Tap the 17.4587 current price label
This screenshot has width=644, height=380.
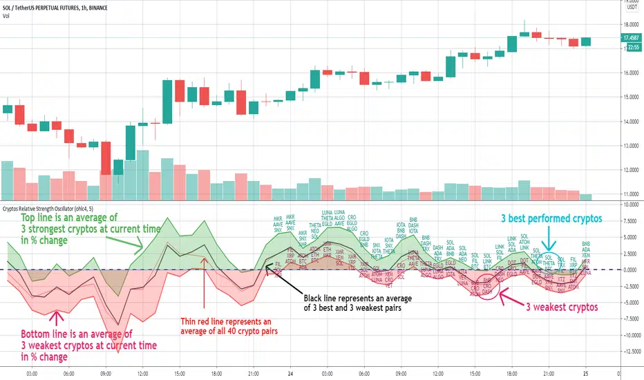click(x=630, y=38)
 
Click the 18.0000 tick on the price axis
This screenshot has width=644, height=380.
click(x=630, y=24)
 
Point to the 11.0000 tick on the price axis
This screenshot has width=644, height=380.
click(x=630, y=194)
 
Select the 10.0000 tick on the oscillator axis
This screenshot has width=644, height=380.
click(x=630, y=205)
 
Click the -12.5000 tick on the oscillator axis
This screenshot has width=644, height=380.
click(x=630, y=351)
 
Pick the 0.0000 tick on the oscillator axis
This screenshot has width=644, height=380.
click(x=630, y=269)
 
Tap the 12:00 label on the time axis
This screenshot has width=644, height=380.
click(x=142, y=370)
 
